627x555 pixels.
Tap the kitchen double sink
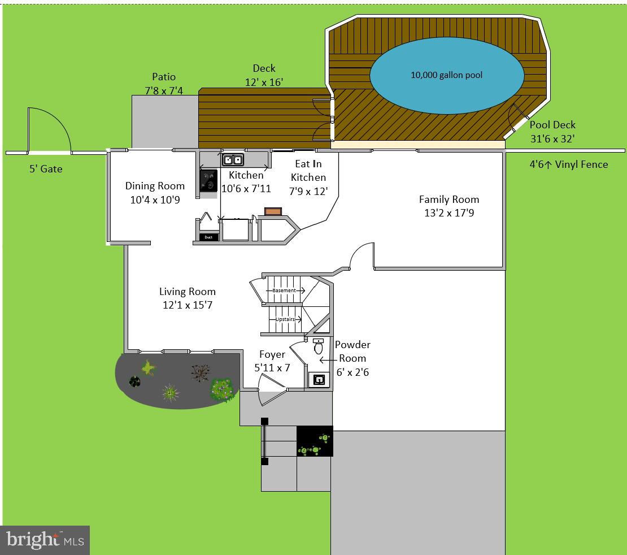(232, 159)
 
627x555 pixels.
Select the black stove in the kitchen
(208, 180)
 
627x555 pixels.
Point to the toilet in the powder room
(318, 346)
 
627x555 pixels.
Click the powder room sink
(319, 380)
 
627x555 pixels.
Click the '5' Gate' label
(46, 168)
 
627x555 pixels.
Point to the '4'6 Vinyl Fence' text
(569, 164)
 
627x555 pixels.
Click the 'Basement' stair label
(284, 290)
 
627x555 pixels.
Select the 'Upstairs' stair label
(285, 319)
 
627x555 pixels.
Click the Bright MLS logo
(45, 540)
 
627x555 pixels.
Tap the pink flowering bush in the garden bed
(222, 389)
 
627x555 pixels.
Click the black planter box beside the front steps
(315, 441)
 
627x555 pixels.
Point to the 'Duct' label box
(208, 237)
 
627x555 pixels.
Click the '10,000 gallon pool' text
(446, 75)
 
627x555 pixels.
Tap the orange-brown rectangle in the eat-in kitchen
(273, 211)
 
